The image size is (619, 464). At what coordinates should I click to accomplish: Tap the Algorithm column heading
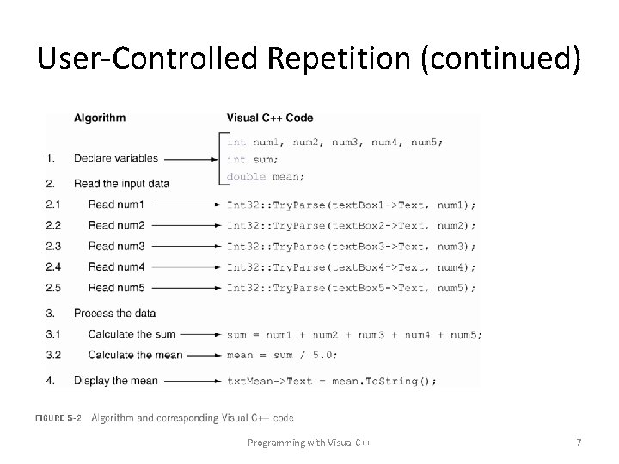(99, 118)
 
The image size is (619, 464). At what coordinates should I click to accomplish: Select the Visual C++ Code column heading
(270, 118)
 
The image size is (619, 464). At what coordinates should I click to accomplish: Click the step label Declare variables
(115, 159)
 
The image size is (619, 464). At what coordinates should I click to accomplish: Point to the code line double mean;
(265, 177)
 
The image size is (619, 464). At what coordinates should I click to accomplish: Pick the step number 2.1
(53, 205)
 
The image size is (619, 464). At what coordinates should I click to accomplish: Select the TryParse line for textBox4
(351, 266)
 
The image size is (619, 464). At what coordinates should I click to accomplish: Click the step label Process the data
(114, 314)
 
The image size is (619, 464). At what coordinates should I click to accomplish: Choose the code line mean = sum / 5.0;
(282, 355)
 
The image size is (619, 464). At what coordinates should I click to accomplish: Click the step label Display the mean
(115, 380)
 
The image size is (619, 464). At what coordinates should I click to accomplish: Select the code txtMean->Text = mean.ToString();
(332, 380)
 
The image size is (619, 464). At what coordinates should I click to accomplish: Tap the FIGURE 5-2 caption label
(58, 418)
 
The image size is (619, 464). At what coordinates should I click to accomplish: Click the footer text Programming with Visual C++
(309, 443)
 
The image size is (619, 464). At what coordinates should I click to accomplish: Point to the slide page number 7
(579, 443)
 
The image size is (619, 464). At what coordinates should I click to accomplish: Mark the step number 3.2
(53, 355)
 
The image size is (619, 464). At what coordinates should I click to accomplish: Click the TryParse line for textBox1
(351, 205)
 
